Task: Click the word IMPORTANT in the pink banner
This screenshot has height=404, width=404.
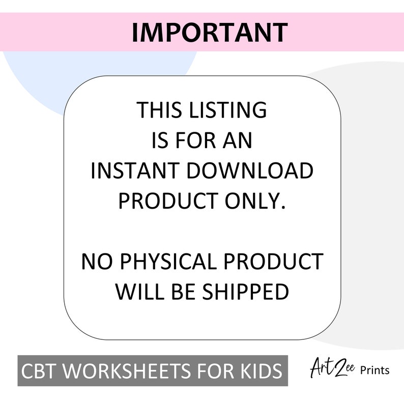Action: point(209,32)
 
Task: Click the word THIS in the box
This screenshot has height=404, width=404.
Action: point(159,110)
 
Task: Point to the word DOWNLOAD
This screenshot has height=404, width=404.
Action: point(249,171)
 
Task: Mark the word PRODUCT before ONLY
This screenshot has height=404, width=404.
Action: point(167,201)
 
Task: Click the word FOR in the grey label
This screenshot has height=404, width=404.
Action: point(214,371)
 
